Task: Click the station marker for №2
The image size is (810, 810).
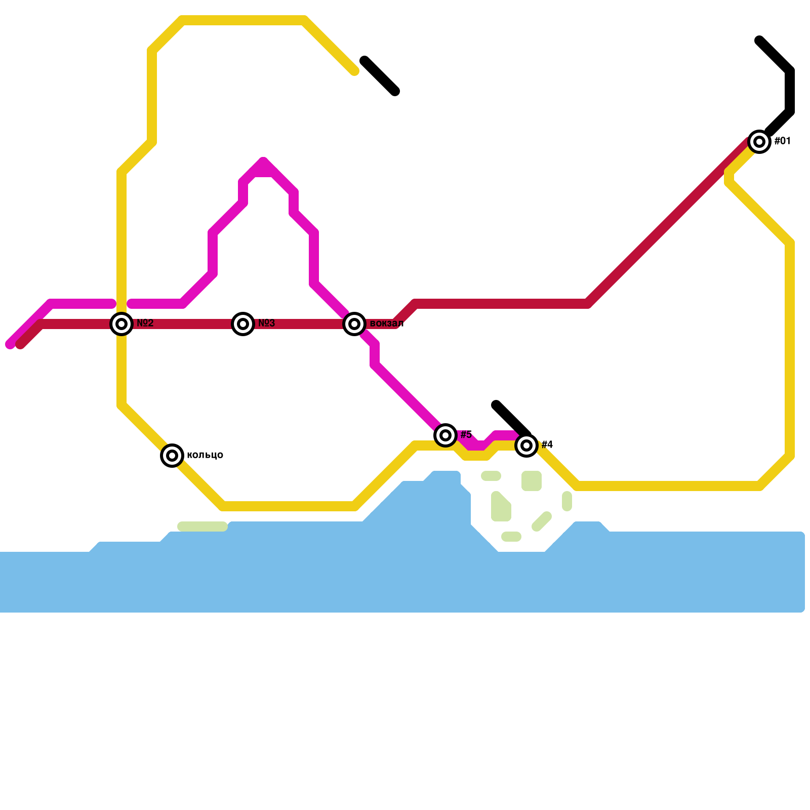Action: pos(121,324)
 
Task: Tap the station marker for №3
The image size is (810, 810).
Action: pos(243,324)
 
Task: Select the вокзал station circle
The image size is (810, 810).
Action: pos(354,324)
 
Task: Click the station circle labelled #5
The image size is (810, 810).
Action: pos(445,435)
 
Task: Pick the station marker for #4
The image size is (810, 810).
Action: pos(526,445)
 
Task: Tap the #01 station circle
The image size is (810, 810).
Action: pos(759,142)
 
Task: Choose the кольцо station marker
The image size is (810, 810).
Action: pos(172,456)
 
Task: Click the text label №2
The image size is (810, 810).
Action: pos(145,323)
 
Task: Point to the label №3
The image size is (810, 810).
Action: pos(267,323)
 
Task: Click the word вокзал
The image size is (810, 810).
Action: pos(387,323)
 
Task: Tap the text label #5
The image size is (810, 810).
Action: pos(466,435)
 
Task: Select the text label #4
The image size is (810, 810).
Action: pos(547,445)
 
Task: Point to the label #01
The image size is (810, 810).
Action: pos(783,141)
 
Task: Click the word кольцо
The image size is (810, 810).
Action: pos(205,455)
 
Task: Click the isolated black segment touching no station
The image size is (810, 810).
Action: pos(380,76)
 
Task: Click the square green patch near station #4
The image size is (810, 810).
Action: pos(532,481)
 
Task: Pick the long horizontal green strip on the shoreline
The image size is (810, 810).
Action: pos(202,526)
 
